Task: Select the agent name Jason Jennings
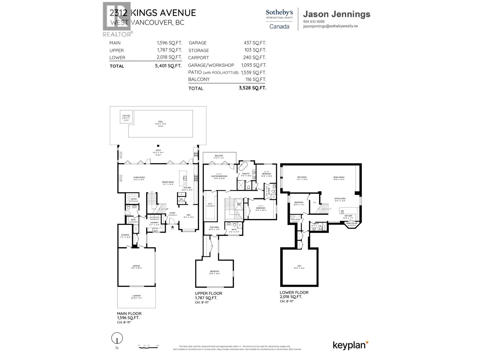(337, 14)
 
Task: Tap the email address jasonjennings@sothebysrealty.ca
(330, 26)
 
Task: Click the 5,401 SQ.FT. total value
(168, 66)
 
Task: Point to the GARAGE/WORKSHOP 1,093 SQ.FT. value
(254, 65)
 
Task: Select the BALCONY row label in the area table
(199, 79)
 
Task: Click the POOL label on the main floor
(160, 122)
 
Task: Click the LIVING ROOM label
(139, 178)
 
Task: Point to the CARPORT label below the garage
(136, 296)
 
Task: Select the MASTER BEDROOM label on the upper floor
(219, 176)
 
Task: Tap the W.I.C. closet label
(210, 204)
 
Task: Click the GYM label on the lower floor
(299, 266)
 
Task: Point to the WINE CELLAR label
(352, 223)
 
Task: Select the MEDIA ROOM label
(339, 177)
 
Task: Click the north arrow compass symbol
(117, 339)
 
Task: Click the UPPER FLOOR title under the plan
(208, 293)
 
